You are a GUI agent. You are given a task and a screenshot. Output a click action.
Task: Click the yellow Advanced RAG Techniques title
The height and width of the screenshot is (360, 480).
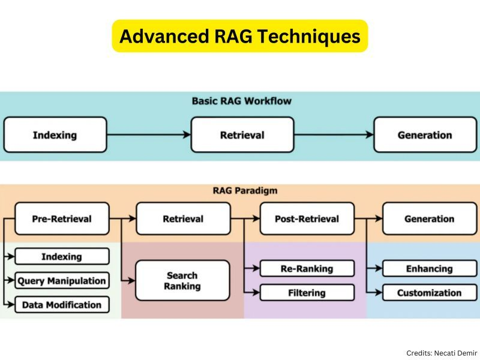pyautogui.click(x=240, y=36)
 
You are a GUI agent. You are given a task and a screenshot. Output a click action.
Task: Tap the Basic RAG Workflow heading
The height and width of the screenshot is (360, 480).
pyautogui.click(x=241, y=101)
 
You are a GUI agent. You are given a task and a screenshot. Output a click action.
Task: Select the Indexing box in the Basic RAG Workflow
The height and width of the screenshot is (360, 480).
pyautogui.click(x=55, y=135)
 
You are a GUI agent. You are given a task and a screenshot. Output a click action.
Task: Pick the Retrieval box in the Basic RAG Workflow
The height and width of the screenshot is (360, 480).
pyautogui.click(x=242, y=135)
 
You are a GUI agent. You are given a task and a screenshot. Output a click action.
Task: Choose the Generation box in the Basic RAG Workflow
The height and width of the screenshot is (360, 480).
pyautogui.click(x=425, y=135)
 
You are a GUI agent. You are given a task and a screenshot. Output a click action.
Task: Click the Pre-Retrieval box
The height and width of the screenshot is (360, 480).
pyautogui.click(x=62, y=219)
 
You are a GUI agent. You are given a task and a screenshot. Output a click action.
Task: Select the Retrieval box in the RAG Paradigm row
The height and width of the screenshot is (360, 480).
pyautogui.click(x=183, y=219)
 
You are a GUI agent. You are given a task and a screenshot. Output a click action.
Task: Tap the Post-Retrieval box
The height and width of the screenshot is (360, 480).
pyautogui.click(x=307, y=219)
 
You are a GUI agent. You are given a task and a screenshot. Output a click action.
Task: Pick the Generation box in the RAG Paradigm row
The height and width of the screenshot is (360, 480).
pyautogui.click(x=430, y=219)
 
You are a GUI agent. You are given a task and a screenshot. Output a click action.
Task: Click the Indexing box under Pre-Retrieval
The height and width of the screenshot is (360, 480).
pyautogui.click(x=62, y=257)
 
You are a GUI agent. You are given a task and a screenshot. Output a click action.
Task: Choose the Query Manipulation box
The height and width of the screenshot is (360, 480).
pyautogui.click(x=62, y=281)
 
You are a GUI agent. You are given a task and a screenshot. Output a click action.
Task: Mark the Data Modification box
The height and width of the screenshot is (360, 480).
pyautogui.click(x=62, y=305)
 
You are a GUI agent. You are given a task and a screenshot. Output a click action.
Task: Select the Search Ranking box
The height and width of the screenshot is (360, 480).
pyautogui.click(x=182, y=281)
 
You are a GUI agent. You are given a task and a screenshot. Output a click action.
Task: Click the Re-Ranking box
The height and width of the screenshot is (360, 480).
pyautogui.click(x=307, y=268)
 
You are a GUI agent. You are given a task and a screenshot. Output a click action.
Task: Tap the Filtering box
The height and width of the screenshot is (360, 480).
pyautogui.click(x=307, y=293)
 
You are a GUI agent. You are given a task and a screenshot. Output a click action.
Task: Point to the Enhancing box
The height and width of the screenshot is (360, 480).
pyautogui.click(x=430, y=268)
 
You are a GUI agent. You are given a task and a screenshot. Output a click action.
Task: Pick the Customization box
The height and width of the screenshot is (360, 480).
pyautogui.click(x=430, y=293)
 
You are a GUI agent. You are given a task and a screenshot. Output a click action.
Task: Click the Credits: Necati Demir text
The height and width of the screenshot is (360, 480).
pyautogui.click(x=442, y=353)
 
